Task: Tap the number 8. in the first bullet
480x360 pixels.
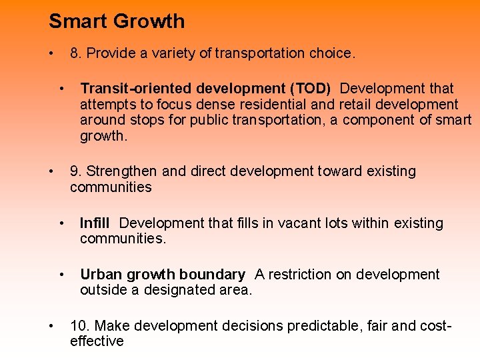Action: point(75,53)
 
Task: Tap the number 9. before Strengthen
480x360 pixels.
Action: point(76,171)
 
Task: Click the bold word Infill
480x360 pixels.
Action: point(95,223)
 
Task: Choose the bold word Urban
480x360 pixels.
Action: point(100,275)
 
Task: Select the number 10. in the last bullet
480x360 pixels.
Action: point(80,326)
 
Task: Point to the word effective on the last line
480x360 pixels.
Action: point(97,341)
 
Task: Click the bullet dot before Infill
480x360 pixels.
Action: point(61,223)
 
